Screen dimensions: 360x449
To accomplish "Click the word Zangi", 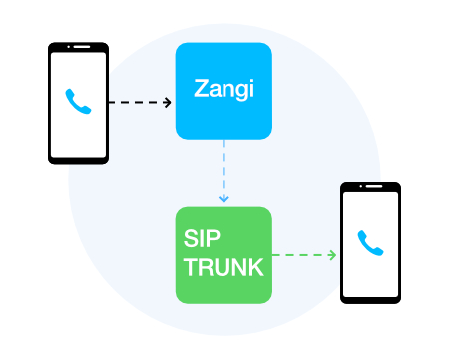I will [x=224, y=91].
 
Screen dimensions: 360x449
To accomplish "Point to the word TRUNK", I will [x=224, y=267].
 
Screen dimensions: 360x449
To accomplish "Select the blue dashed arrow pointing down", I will [x=224, y=170].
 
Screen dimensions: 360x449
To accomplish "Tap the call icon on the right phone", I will [x=370, y=242].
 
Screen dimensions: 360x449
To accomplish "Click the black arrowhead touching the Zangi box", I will [x=168, y=102].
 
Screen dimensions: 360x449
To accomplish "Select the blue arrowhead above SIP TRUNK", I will [x=224, y=199].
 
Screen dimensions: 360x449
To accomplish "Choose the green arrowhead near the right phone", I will [x=332, y=255].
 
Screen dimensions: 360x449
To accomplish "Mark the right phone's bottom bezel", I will [x=370, y=297].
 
